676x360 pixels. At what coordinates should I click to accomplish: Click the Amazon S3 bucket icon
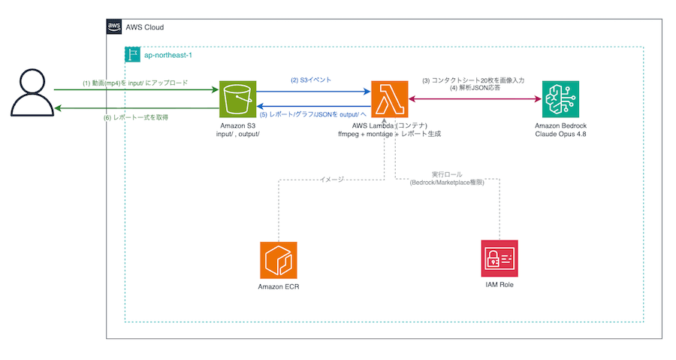237,99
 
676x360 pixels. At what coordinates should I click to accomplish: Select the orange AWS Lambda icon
389,99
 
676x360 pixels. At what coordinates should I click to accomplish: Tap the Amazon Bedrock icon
560,99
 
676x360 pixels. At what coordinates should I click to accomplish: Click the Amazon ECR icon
279,260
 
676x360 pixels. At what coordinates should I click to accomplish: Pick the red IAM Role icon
499,259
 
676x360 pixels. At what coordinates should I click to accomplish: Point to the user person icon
32,92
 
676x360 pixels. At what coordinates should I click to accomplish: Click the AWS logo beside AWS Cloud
114,27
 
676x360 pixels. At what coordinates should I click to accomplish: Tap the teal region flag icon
132,55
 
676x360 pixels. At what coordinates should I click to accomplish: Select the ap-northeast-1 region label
168,55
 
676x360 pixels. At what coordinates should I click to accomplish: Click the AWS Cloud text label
145,27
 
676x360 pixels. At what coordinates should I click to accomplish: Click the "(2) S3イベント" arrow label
311,80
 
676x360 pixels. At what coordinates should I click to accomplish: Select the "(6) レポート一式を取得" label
136,117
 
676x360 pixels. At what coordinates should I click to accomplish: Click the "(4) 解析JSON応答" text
475,88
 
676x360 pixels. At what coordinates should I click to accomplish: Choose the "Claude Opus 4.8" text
560,134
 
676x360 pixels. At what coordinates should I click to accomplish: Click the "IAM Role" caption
499,285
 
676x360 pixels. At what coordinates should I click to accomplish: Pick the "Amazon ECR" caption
279,286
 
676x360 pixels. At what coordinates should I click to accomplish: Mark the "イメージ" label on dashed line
332,180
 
